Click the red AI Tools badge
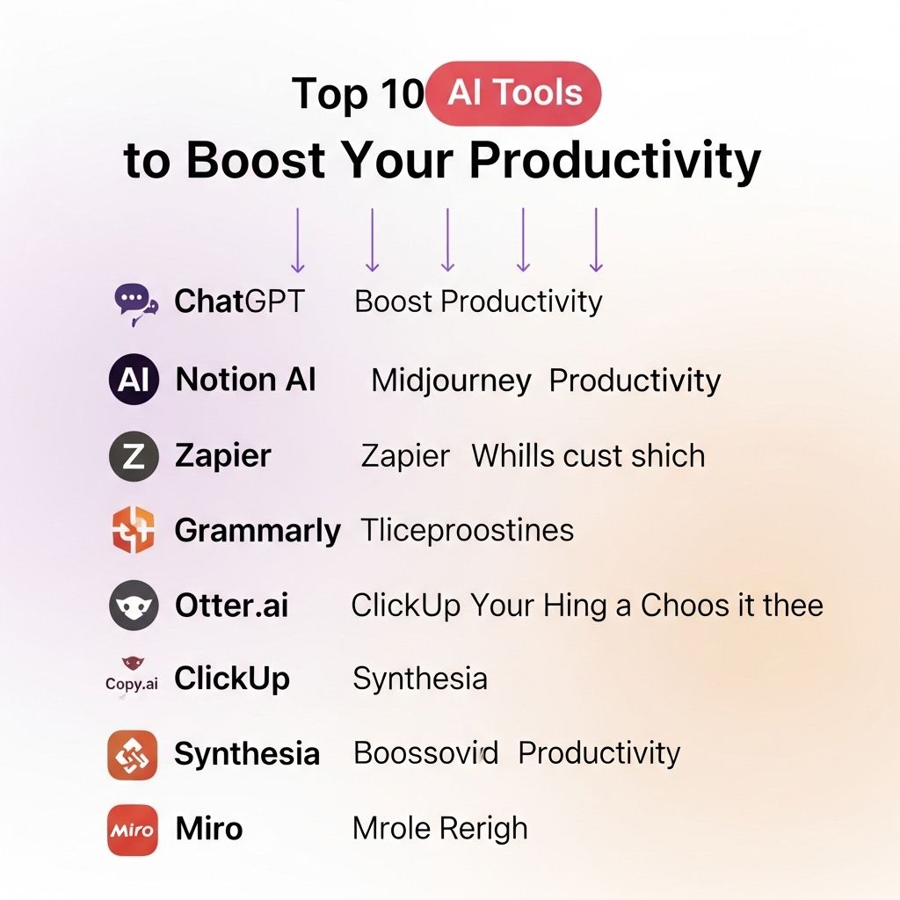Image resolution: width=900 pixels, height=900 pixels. pos(513,93)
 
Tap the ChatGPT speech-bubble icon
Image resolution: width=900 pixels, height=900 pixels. pos(135,303)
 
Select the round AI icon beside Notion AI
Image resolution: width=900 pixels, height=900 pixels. pos(134,380)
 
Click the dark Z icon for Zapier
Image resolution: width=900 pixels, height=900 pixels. pos(134,456)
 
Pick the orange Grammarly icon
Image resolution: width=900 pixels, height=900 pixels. pos(134,530)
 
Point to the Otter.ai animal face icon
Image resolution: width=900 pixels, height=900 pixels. pos(134,606)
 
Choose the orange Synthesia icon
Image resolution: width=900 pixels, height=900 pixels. pos(132,755)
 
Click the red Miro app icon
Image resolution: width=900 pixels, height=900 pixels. pos(132,830)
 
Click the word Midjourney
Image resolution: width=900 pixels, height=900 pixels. pos(451,381)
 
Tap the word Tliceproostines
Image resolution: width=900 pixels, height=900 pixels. pos(468,530)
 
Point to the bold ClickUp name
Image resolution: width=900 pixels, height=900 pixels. pos(232,679)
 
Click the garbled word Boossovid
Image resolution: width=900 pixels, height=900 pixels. pos(426,753)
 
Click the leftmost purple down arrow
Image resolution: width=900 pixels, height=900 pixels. pos(297,240)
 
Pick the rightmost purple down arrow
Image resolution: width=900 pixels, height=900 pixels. pos(597,240)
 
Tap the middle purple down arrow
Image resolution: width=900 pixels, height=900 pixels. pos(447,240)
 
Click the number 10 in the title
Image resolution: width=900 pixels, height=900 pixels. pos(403,93)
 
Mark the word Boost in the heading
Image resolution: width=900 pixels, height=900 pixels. pos(256,160)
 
